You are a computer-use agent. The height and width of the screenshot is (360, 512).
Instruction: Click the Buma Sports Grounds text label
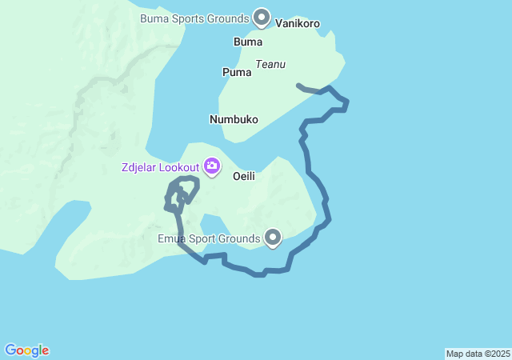(x=194, y=18)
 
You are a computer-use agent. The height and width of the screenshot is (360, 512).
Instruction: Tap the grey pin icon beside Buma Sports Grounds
(x=262, y=17)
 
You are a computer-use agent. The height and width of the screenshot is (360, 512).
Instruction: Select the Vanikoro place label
(x=298, y=24)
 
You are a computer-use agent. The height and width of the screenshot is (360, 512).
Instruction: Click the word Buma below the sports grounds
(x=247, y=42)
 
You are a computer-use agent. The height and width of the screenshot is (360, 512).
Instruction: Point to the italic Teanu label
(x=270, y=65)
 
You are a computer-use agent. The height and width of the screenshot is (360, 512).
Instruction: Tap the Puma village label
(x=236, y=72)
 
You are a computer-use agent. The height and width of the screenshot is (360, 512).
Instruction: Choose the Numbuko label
(x=234, y=119)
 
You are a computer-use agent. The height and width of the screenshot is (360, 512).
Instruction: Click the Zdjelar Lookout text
(x=160, y=168)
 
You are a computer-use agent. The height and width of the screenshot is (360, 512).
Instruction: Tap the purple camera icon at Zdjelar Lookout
(x=212, y=166)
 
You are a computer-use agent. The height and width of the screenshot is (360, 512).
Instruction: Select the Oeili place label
(x=243, y=176)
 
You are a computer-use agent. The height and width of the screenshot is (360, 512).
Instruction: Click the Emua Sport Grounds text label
(x=209, y=238)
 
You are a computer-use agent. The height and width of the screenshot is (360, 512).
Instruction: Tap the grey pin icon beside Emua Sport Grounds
(x=274, y=237)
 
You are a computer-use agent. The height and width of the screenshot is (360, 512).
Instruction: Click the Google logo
(x=26, y=350)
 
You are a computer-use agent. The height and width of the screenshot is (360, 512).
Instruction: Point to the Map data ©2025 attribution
(x=478, y=354)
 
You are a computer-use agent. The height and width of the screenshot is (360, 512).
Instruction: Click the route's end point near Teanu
(x=298, y=85)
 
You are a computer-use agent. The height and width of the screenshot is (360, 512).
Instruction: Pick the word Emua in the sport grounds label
(x=172, y=238)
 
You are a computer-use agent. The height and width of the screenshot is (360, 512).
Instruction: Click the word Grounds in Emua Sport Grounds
(x=239, y=238)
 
